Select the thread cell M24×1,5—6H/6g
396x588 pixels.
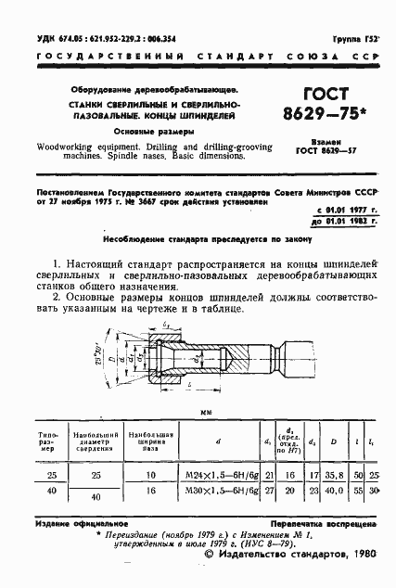click(224, 474)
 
